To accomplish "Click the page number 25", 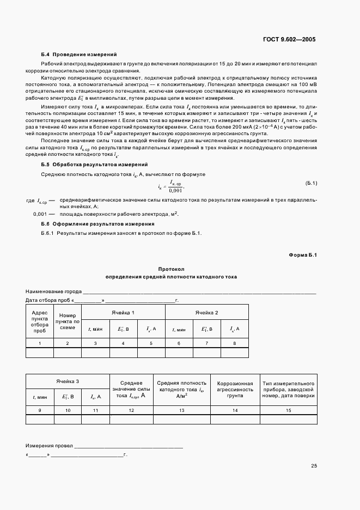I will click(314, 466).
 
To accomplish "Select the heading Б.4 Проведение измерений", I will click(79, 55).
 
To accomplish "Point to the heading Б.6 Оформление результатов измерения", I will click(97, 224).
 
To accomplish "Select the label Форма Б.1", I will click(302, 255).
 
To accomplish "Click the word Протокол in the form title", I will click(172, 269).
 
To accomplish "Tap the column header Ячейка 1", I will click(123, 312).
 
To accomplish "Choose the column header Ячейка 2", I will click(207, 312).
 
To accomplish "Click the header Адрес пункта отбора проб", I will click(40, 321).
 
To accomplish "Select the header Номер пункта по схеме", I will click(68, 321).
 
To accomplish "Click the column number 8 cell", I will click(235, 343).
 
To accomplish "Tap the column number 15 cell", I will click(289, 410).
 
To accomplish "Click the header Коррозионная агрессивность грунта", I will click(235, 390).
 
